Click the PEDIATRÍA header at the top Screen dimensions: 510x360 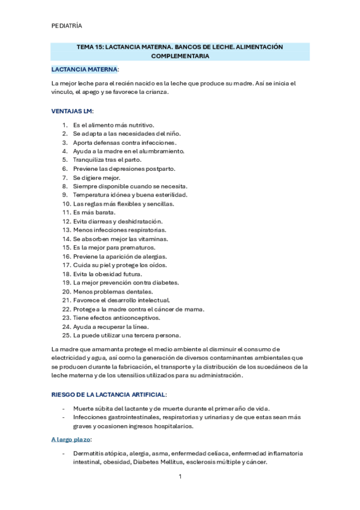[67, 26]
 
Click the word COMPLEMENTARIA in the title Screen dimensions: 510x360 [180, 56]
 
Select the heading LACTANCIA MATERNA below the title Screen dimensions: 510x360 [85, 70]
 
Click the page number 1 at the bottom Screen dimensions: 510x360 [180, 477]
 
